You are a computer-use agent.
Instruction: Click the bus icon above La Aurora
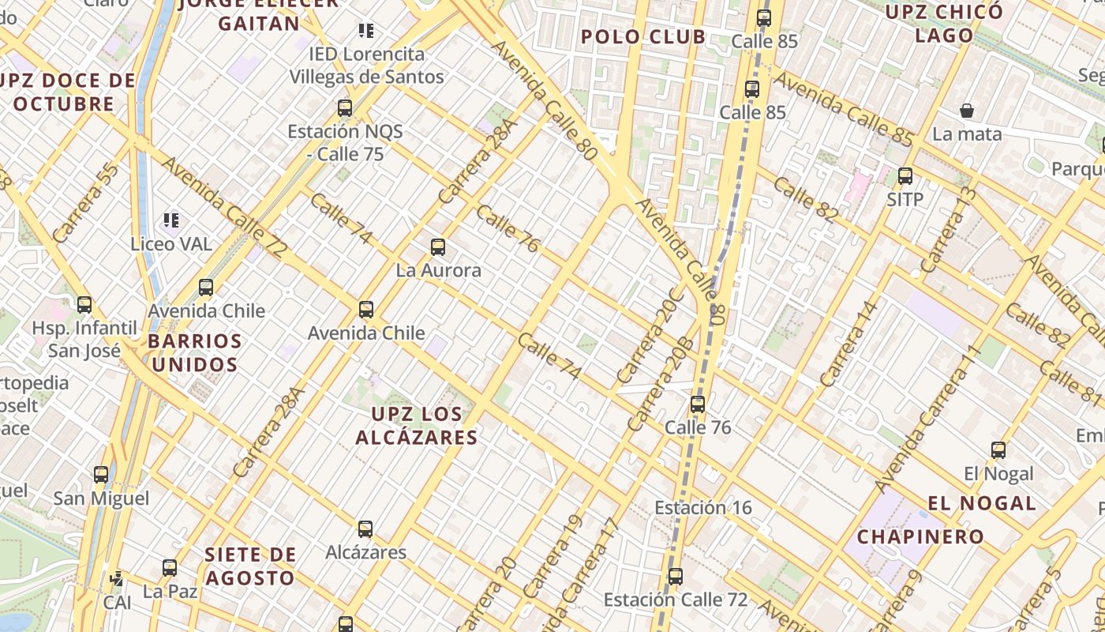point(438,247)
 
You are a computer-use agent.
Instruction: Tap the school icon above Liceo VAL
point(171,220)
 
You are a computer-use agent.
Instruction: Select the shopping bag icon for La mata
point(967,111)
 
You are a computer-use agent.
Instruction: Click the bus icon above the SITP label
point(905,176)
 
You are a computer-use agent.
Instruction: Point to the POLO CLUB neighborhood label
point(643,36)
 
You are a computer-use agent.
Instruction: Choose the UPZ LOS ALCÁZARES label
point(417,425)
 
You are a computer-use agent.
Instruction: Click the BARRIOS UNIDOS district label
point(195,353)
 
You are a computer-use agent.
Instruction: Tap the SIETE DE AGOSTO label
point(250,566)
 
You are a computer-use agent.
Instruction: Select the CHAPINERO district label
point(920,537)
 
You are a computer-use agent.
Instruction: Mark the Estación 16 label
point(703,507)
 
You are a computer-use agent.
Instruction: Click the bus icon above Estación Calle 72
point(676,577)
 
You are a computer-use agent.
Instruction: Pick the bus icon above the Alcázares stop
point(365,529)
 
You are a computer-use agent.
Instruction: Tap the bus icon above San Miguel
point(101,475)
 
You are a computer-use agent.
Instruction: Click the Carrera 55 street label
point(86,202)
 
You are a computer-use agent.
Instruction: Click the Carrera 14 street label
point(849,344)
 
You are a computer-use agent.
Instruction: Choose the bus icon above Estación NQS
point(345,108)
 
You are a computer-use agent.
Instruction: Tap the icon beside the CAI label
point(117,579)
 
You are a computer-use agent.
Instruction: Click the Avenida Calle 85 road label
point(843,108)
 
